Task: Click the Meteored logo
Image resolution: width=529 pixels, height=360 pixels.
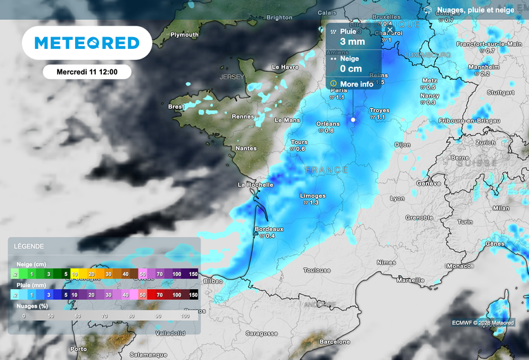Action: tap(87, 43)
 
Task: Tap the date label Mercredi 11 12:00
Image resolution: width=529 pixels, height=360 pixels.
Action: tap(86, 72)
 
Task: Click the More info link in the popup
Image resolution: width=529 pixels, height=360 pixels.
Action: tap(357, 84)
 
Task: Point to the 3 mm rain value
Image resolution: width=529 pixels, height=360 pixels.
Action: tap(352, 42)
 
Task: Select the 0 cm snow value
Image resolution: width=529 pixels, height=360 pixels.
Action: tap(351, 69)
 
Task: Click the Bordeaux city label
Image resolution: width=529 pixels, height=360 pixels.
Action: tap(269, 229)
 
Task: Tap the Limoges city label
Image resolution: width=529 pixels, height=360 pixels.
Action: tap(313, 195)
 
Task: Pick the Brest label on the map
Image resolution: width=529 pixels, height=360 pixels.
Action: tap(176, 107)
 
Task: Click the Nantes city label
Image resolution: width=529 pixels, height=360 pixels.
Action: tap(246, 148)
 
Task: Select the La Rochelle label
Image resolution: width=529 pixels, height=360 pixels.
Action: tap(252, 184)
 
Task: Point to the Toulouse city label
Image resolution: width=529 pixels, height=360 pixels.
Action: tap(318, 271)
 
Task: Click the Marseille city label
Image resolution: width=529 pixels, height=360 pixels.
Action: tap(411, 280)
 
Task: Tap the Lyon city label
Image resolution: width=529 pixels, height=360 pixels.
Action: tap(397, 198)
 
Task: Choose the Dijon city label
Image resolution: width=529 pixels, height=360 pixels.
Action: tap(402, 145)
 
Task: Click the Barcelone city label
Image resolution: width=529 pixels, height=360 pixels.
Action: tap(335, 341)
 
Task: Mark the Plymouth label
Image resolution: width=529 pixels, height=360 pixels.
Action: tap(185, 34)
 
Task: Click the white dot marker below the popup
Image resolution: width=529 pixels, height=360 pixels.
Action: tap(353, 119)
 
